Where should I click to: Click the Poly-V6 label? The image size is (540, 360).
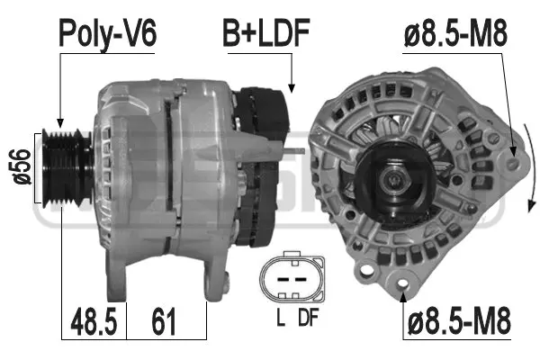coord(107,33)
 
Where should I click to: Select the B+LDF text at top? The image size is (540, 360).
coord(266,33)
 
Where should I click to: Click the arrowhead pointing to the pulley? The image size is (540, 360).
coord(60,121)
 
